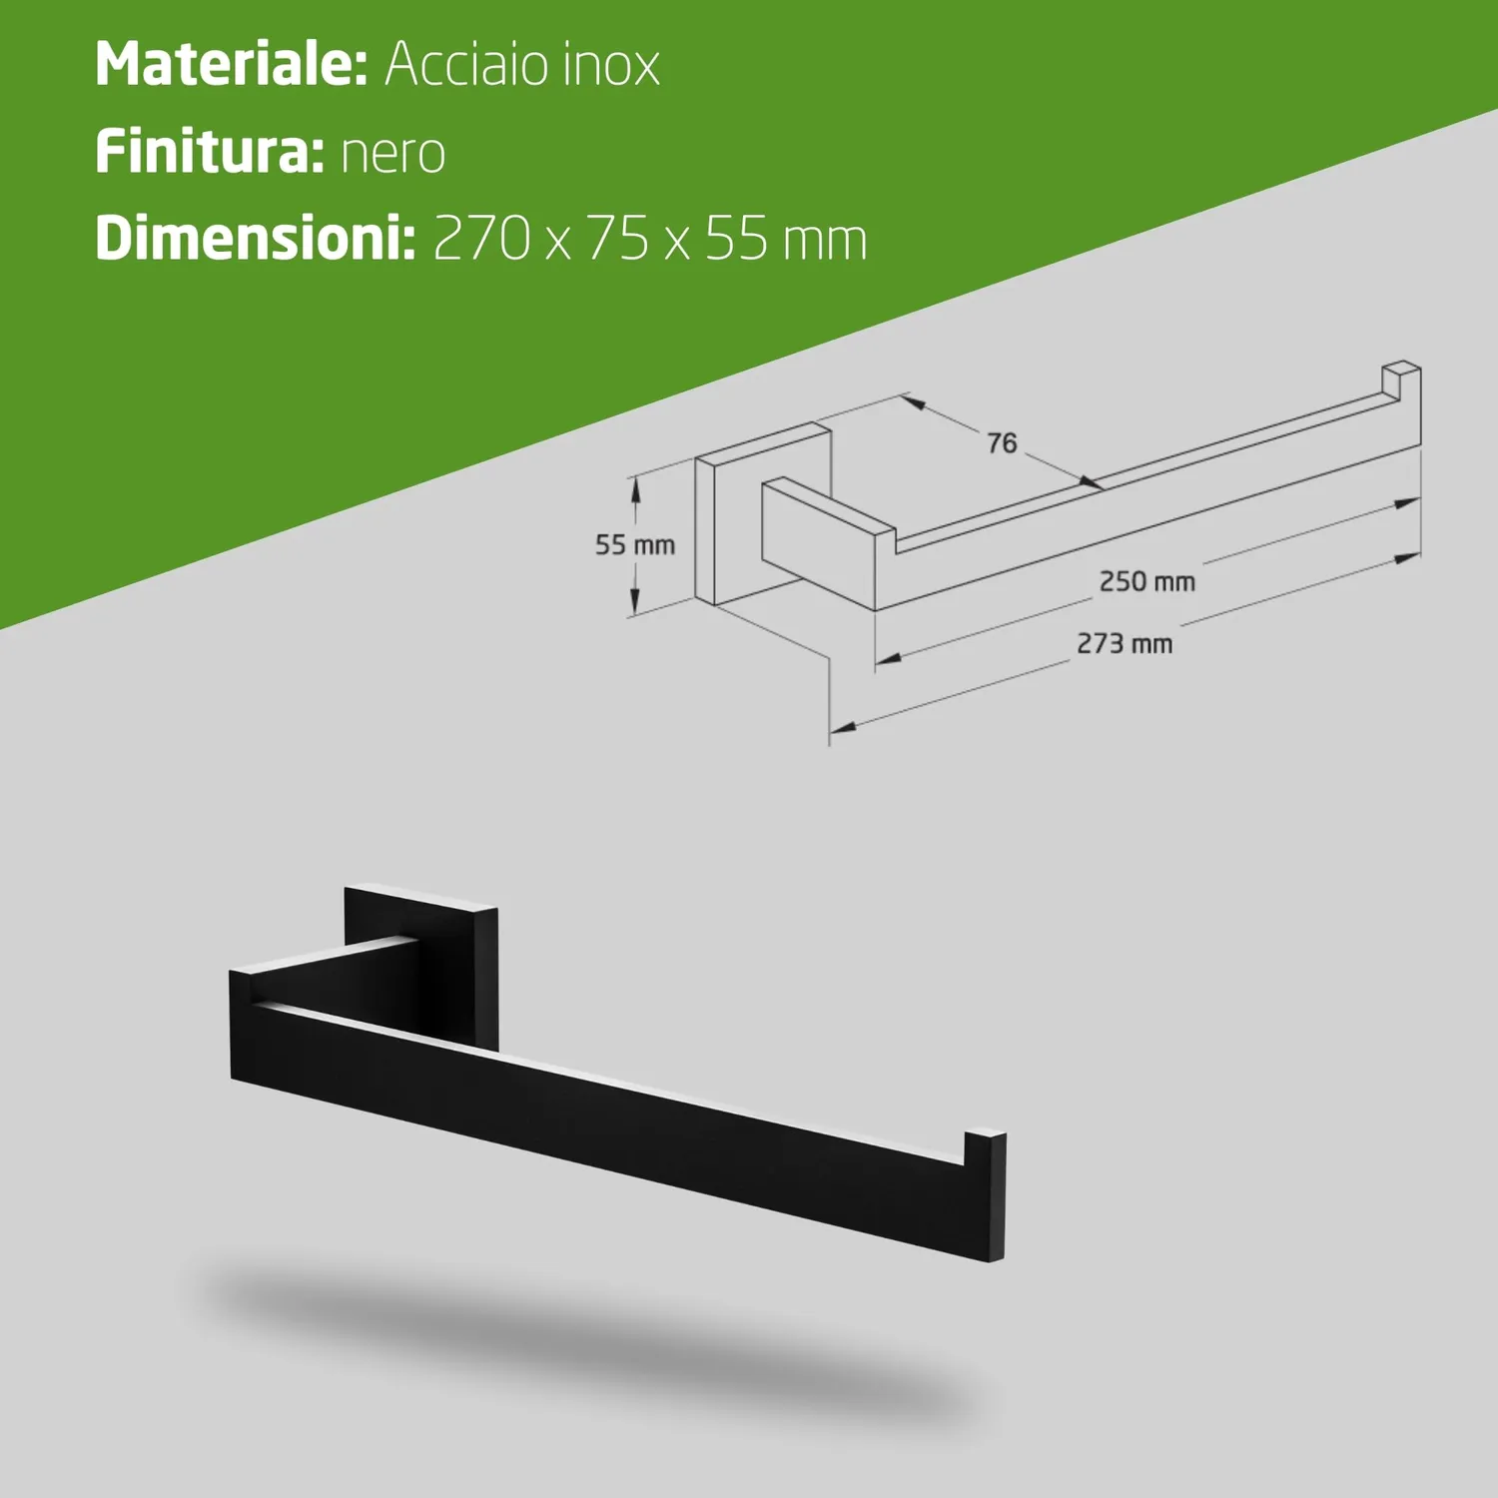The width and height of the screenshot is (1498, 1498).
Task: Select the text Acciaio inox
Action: pyautogui.click(x=522, y=65)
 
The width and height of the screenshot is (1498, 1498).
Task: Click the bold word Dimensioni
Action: pyautogui.click(x=256, y=239)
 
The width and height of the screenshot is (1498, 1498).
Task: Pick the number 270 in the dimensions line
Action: pyautogui.click(x=482, y=239)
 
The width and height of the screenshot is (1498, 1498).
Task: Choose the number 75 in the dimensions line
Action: pyautogui.click(x=618, y=239)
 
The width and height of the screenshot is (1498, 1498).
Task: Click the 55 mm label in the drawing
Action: pyautogui.click(x=635, y=545)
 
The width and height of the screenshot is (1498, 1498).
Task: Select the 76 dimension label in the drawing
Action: pyautogui.click(x=1002, y=443)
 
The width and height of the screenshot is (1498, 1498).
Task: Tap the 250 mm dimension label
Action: pyautogui.click(x=1147, y=581)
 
